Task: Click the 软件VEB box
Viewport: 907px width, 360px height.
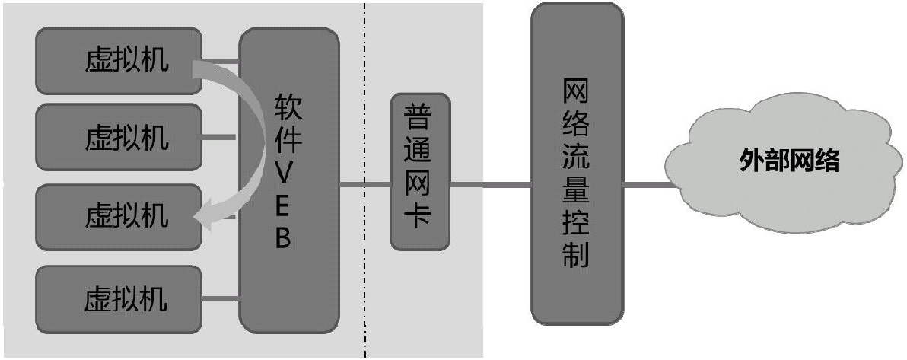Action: (x=288, y=180)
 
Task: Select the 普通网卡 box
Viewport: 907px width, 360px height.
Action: (x=420, y=172)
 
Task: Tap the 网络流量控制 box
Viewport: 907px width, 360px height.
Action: (x=577, y=163)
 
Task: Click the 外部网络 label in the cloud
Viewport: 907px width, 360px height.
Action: (x=789, y=161)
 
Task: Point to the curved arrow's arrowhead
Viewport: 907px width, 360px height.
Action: (x=202, y=218)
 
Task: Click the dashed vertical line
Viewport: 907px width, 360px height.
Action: (x=365, y=180)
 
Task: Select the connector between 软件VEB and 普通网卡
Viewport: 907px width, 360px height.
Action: (x=364, y=185)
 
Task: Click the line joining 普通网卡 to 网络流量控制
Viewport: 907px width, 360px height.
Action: (x=491, y=185)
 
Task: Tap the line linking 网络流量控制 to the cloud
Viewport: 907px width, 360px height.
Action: (x=649, y=185)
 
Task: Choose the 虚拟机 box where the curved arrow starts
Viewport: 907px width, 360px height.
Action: (x=119, y=61)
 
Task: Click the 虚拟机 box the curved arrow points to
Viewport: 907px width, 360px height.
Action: (x=119, y=217)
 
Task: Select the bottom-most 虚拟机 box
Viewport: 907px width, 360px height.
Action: (x=119, y=299)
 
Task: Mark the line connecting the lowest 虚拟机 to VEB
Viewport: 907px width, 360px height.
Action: (x=221, y=298)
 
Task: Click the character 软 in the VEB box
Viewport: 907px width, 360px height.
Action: (x=288, y=108)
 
